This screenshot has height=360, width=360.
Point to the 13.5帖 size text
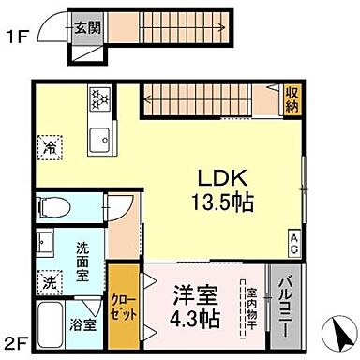222,201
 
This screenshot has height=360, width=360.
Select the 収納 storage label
292,97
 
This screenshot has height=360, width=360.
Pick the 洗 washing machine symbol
49,280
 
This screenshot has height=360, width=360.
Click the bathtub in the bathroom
49,324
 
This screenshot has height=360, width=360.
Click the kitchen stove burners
99,97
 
